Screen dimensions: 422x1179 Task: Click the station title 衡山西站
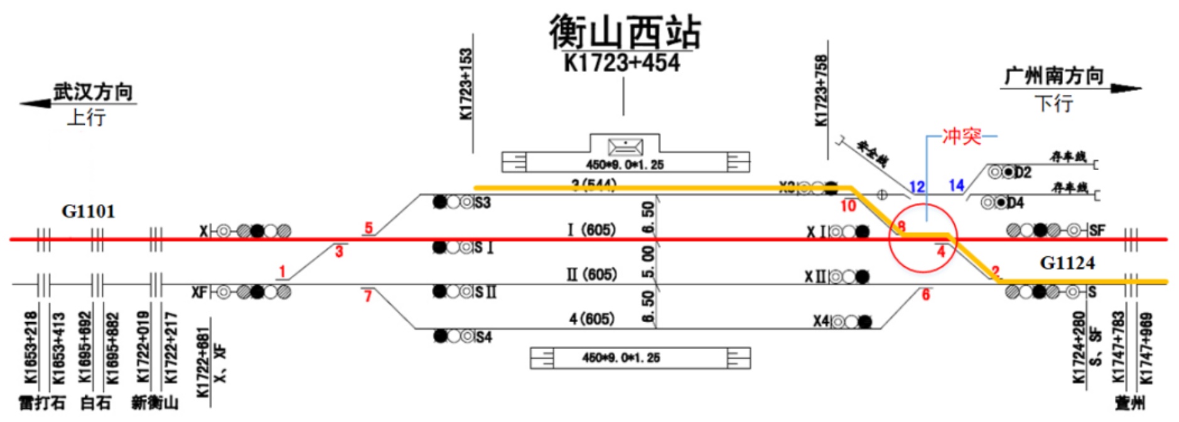624,33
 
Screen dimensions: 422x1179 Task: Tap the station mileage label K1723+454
622,63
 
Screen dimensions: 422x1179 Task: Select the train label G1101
88,212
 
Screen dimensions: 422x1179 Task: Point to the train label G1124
1067,262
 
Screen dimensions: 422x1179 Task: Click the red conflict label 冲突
961,136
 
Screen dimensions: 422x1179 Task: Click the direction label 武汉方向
93,92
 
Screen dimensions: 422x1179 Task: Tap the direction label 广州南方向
1054,77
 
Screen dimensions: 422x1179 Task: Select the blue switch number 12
917,187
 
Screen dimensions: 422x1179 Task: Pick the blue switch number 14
956,185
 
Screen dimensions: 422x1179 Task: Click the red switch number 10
848,206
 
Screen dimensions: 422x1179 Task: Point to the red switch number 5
369,229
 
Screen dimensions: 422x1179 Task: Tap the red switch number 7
368,296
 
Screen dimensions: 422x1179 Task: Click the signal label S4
483,337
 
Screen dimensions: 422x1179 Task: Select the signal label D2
1023,173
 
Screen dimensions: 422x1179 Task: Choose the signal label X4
821,322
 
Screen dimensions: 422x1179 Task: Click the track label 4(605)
591,319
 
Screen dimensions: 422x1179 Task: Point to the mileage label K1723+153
466,85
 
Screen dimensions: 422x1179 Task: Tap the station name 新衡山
155,403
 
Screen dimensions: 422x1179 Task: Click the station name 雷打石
42,403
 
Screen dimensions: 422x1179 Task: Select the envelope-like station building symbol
625,148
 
